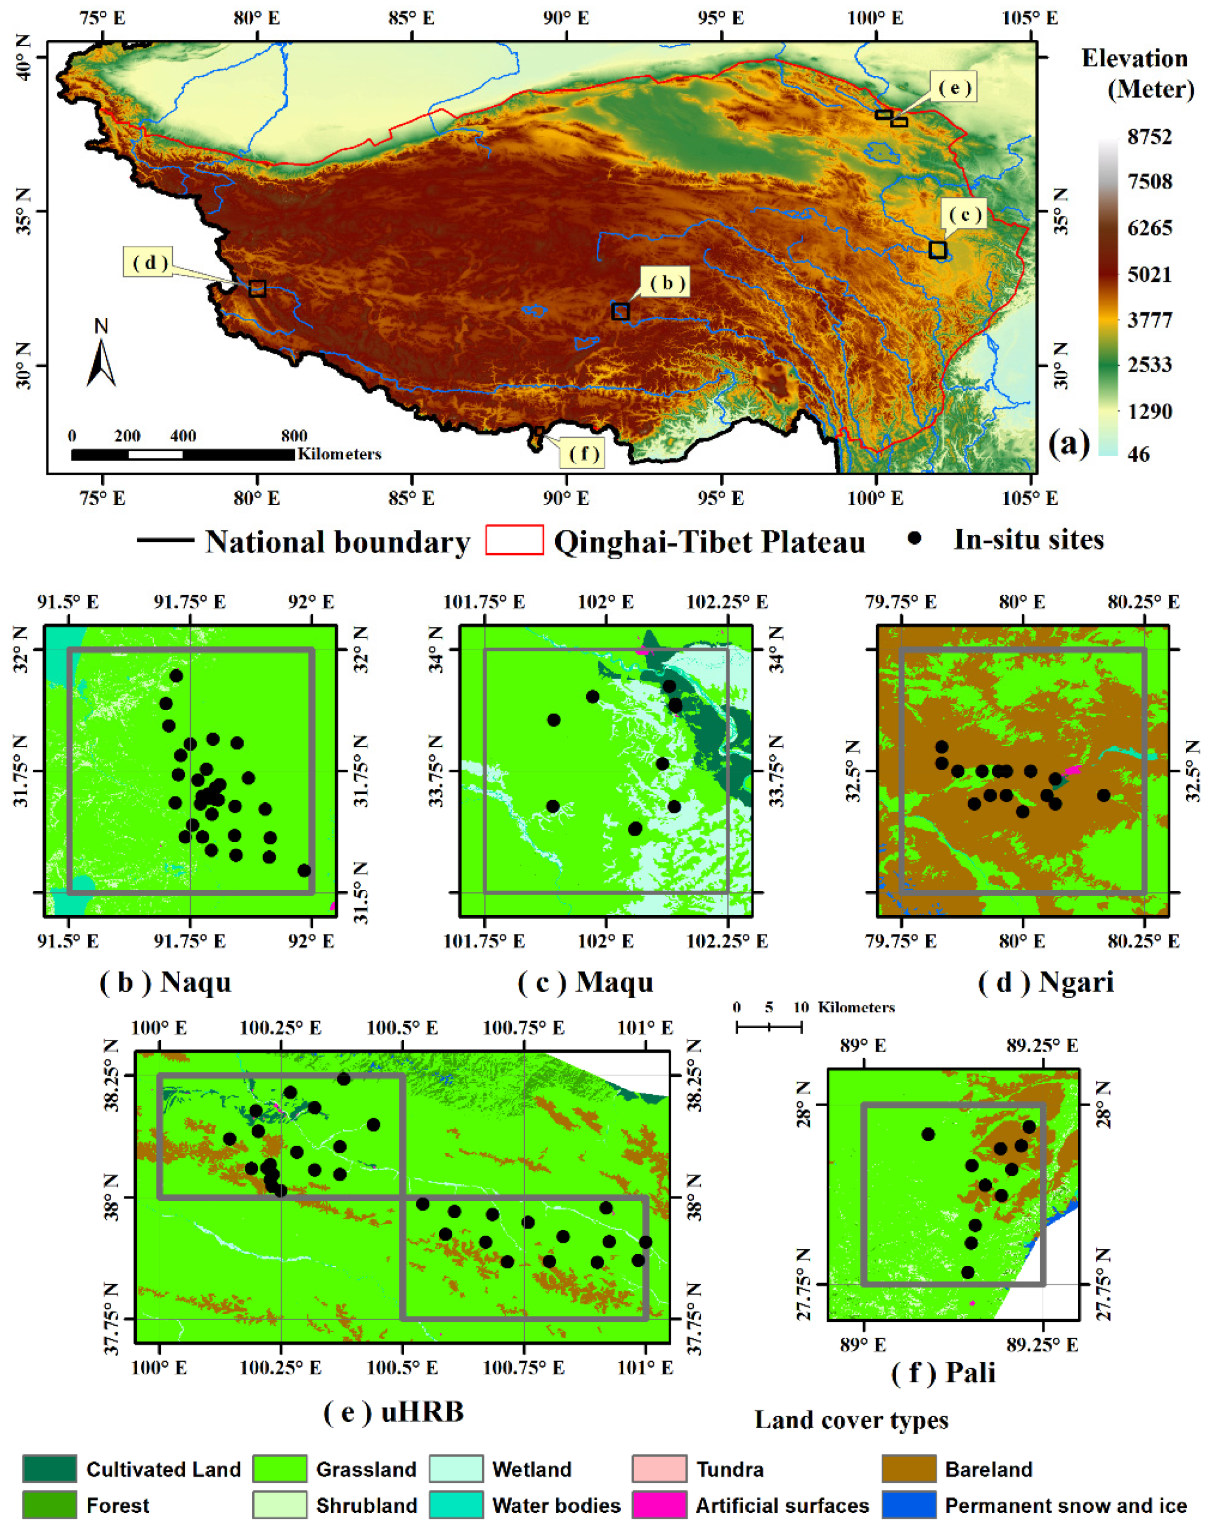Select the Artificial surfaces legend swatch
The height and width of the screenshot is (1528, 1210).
pyautogui.click(x=659, y=1505)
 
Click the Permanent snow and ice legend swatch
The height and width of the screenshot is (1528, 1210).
pyautogui.click(x=909, y=1505)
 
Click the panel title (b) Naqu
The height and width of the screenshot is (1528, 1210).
pyautogui.click(x=166, y=982)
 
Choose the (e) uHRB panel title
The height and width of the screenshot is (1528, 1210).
pyautogui.click(x=394, y=1412)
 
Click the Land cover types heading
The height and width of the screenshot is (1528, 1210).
pyautogui.click(x=851, y=1420)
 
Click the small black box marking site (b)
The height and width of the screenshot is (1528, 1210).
pyautogui.click(x=621, y=312)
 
